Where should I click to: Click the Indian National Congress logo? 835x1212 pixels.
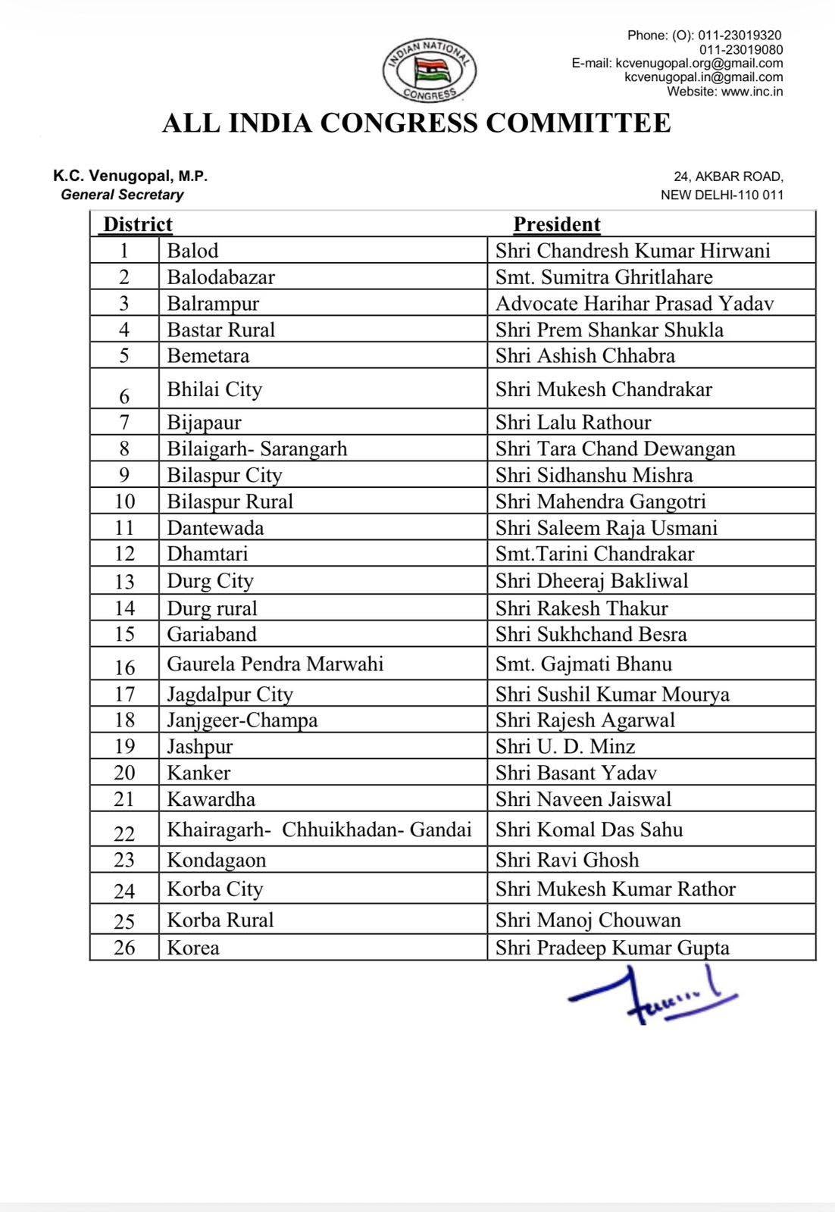[430, 70]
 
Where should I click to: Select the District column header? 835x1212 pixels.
[138, 224]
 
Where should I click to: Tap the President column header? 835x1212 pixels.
[557, 224]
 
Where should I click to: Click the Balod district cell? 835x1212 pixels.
[192, 251]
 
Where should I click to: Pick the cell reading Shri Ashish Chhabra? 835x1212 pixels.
[585, 355]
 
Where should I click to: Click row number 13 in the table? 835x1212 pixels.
[124, 581]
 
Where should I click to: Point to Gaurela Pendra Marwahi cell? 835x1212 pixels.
[275, 664]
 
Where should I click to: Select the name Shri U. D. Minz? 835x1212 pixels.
[565, 746]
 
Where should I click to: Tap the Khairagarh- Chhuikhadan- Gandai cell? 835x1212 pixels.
[319, 829]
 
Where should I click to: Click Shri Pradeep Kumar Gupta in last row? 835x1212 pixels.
[612, 948]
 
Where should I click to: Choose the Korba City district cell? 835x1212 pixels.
[214, 889]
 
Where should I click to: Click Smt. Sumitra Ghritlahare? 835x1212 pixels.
[604, 277]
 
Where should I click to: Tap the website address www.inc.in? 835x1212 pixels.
[752, 92]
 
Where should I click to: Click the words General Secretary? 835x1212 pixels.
[122, 195]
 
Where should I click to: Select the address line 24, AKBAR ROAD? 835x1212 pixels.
[728, 176]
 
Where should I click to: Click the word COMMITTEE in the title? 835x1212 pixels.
[578, 123]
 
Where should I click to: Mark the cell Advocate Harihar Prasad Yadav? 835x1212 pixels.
[634, 304]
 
